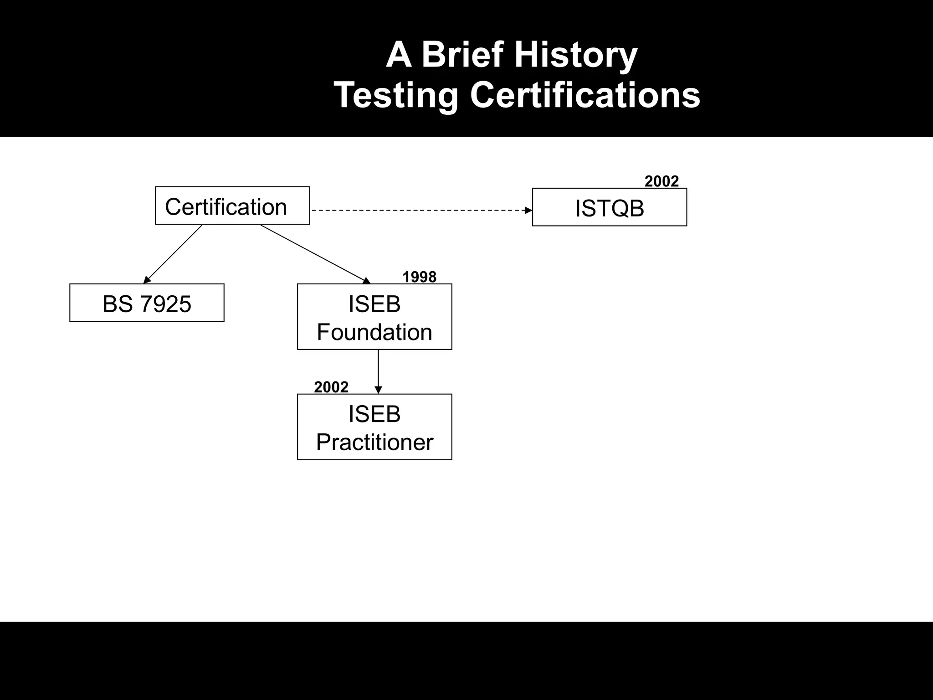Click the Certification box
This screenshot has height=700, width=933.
coord(232,206)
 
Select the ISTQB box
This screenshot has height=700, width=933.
coord(609,207)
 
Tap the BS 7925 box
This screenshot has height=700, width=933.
coord(147,303)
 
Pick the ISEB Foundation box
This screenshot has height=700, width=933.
coord(374,317)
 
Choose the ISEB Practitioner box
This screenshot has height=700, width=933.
coord(374,427)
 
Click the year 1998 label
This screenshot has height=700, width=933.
coord(419,277)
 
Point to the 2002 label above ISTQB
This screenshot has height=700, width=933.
coord(661,181)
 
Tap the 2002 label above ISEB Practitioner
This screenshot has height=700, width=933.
coord(331,387)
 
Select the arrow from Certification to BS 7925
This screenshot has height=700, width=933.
coord(173,254)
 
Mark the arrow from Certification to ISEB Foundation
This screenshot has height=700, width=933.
coord(314,253)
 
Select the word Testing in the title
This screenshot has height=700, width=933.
coord(396,95)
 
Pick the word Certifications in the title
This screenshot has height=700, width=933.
coord(585,95)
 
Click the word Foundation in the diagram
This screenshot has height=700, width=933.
coord(374,332)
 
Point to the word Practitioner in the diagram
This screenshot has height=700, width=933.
coord(374,442)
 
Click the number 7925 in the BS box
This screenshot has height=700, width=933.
coord(165,304)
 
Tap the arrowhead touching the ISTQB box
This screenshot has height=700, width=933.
coord(528,211)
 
